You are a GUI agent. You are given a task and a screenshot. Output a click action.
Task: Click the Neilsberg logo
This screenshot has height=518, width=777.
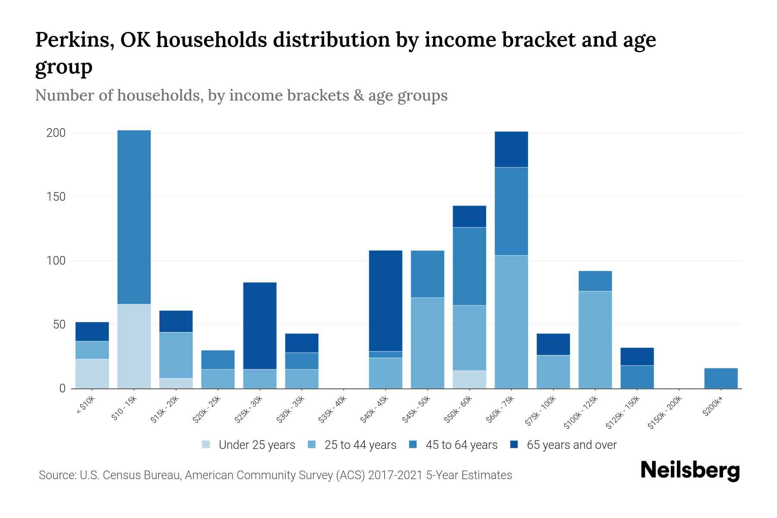click(x=690, y=470)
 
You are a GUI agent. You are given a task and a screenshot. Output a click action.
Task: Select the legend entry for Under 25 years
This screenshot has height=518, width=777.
click(x=249, y=445)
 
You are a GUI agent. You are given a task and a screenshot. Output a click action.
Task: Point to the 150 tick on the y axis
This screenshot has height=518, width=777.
click(x=56, y=197)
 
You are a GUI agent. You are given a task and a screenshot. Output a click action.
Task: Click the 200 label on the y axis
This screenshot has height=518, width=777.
click(x=56, y=133)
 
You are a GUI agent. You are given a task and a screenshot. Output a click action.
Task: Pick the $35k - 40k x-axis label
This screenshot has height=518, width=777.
click(x=333, y=410)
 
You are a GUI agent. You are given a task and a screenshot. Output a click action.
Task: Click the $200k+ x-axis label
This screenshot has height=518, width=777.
click(x=713, y=407)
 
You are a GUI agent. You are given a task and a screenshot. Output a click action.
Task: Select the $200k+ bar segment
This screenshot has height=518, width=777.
click(x=720, y=378)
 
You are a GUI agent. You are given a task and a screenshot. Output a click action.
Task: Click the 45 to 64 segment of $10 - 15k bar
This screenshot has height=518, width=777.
click(x=134, y=217)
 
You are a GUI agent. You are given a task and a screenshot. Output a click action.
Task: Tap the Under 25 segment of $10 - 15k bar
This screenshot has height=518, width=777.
click(x=134, y=346)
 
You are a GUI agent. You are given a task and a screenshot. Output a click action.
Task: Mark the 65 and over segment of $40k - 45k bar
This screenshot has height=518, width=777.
click(x=385, y=300)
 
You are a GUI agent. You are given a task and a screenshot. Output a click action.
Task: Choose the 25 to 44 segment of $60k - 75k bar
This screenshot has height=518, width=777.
click(x=511, y=322)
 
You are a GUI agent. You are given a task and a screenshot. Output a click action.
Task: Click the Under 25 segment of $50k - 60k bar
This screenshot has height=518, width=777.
click(x=469, y=379)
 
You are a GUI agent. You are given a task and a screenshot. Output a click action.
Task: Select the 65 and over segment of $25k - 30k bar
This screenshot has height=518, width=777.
click(x=259, y=325)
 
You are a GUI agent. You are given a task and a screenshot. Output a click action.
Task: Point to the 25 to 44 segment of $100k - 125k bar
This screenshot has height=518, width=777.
click(x=595, y=340)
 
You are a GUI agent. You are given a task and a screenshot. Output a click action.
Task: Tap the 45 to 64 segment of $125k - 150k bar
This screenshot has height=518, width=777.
click(x=637, y=377)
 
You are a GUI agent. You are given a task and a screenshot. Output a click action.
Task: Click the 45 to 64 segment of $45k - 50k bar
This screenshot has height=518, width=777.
click(x=427, y=274)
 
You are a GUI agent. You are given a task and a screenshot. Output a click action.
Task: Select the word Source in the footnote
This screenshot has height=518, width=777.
click(x=57, y=475)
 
